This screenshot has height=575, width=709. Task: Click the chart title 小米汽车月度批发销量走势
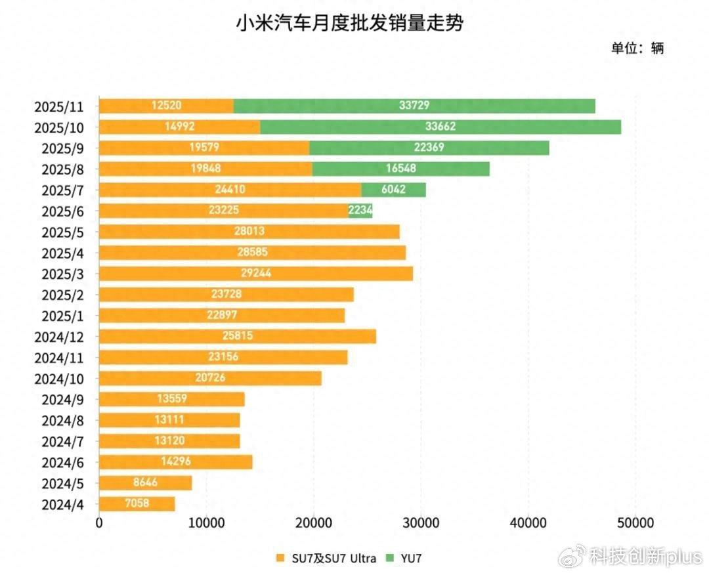[350, 24]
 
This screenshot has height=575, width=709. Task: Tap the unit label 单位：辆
[637, 48]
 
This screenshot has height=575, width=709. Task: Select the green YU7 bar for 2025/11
[414, 106]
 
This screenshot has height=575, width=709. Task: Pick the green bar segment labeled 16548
[400, 169]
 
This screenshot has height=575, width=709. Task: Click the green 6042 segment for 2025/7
[393, 190]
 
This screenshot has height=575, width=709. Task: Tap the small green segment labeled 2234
[360, 211]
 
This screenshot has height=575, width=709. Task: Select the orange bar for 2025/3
[256, 274]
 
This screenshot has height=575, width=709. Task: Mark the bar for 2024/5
[145, 483]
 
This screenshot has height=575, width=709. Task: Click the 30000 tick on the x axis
[420, 523]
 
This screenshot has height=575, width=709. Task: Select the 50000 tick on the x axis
[634, 523]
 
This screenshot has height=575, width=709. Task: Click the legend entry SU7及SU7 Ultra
[326, 559]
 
